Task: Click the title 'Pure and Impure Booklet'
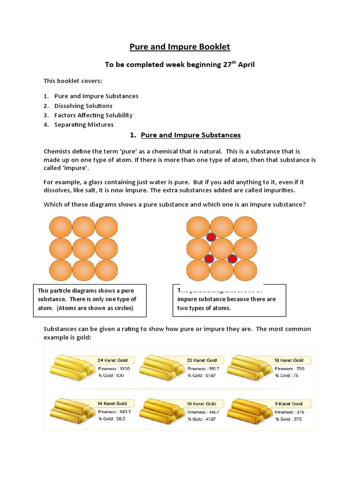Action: click(180, 47)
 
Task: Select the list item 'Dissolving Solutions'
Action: click(83, 105)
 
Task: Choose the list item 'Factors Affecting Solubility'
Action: click(93, 115)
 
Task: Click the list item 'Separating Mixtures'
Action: click(83, 125)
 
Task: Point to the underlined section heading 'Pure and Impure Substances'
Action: click(190, 135)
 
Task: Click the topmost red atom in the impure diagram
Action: click(211, 237)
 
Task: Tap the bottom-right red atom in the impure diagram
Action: click(232, 258)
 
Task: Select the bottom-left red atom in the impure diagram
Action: click(209, 258)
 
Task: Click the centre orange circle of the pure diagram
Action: click(84, 248)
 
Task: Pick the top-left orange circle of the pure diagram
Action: click(61, 227)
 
